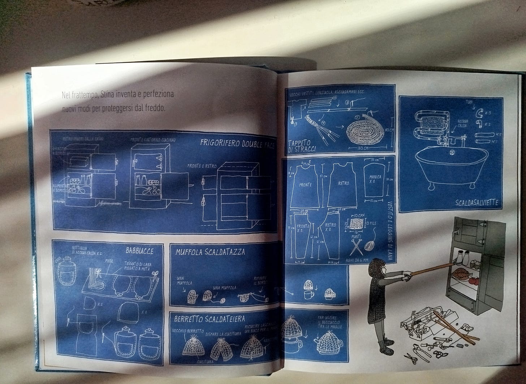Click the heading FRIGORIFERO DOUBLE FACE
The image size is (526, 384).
coord(237,144)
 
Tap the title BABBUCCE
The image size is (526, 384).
coord(140,251)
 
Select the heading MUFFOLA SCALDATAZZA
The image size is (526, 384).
coord(210,251)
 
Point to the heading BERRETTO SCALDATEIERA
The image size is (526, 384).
coord(210,319)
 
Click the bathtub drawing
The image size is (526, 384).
coord(452,165)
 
